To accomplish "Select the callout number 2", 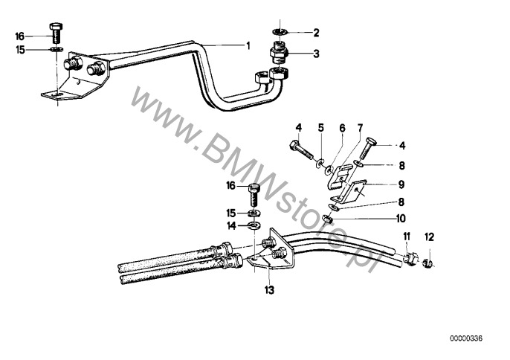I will [316, 33].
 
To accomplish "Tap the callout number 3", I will [316, 54].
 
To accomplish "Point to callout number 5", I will [320, 127].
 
